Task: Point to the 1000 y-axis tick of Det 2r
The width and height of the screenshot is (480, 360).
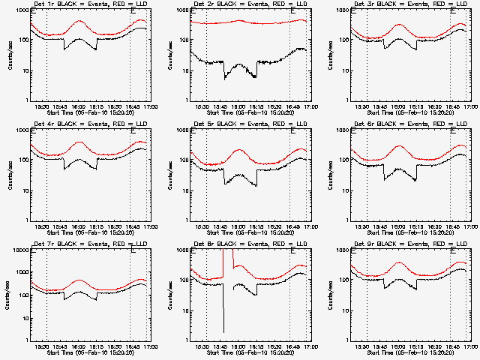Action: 181,11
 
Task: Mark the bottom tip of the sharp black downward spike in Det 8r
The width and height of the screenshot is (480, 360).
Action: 223,331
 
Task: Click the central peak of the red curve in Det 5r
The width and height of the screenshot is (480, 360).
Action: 239,150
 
